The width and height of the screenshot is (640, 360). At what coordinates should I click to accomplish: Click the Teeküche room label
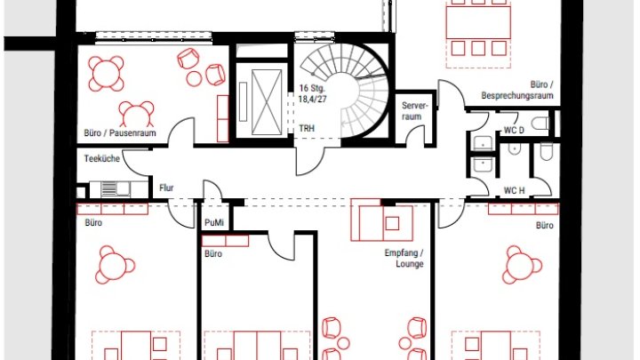pyautogui.click(x=101, y=158)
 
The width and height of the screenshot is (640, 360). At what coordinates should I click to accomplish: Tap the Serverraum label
pyautogui.click(x=414, y=111)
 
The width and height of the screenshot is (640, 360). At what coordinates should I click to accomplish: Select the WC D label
pyautogui.click(x=514, y=130)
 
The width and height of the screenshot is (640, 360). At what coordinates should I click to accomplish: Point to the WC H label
pyautogui.click(x=514, y=190)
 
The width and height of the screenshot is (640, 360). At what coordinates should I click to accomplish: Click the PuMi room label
pyautogui.click(x=214, y=223)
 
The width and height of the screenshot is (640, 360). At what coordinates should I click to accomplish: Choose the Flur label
pyautogui.click(x=166, y=188)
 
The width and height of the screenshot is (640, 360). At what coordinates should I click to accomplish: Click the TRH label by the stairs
pyautogui.click(x=307, y=128)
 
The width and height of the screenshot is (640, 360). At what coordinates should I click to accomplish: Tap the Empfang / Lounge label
pyautogui.click(x=404, y=259)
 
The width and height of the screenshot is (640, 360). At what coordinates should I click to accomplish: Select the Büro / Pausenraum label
pyautogui.click(x=120, y=133)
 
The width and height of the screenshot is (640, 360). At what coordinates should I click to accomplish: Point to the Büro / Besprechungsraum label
pyautogui.click(x=517, y=90)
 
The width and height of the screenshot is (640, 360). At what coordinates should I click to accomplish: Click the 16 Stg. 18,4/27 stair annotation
pyautogui.click(x=312, y=93)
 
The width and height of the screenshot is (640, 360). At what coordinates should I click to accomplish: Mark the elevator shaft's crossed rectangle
pyautogui.click(x=267, y=102)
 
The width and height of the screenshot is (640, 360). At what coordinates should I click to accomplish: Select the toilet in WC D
pyautogui.click(x=540, y=123)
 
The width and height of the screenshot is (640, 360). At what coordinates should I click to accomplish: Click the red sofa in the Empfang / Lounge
pyautogui.click(x=381, y=220)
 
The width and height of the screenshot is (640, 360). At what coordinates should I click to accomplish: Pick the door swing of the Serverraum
pyautogui.click(x=415, y=135)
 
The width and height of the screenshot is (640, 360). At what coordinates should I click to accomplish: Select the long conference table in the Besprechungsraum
pyautogui.click(x=478, y=22)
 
